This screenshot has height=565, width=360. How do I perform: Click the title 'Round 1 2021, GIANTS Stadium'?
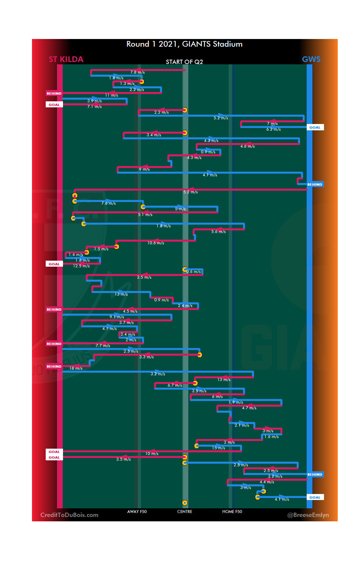pos(184,44)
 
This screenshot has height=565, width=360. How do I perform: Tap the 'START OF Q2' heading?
pos(184,62)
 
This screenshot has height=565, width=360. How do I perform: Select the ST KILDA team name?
pos(66,59)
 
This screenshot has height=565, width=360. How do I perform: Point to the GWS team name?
pos(311,59)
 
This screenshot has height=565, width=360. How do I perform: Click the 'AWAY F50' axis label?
pos(137,511)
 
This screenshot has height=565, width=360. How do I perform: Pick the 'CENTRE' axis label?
pos(185,511)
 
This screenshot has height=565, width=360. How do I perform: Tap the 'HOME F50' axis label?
pos(232,511)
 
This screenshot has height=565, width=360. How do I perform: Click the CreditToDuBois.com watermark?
pos(69,515)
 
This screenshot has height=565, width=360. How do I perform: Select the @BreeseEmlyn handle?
pos(308,515)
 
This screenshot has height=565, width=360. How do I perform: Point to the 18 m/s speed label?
pos(76,368)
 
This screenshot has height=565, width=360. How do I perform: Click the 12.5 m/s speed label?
pos(81,266)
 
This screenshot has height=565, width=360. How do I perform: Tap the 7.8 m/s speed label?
pos(137,72)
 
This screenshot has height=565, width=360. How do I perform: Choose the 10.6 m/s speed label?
pos(156,243)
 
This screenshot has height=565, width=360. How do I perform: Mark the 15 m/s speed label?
pos(218,448)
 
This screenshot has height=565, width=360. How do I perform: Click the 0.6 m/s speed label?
pos(194,272)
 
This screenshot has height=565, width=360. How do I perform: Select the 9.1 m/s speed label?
pos(117,317)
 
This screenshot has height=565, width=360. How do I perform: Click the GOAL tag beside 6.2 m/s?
pos(315,127)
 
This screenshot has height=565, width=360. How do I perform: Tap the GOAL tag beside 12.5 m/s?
pos(54,264)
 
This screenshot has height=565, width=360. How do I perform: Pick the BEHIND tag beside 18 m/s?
pos(54,366)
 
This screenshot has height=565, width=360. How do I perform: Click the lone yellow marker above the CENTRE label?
pos(185,503)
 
